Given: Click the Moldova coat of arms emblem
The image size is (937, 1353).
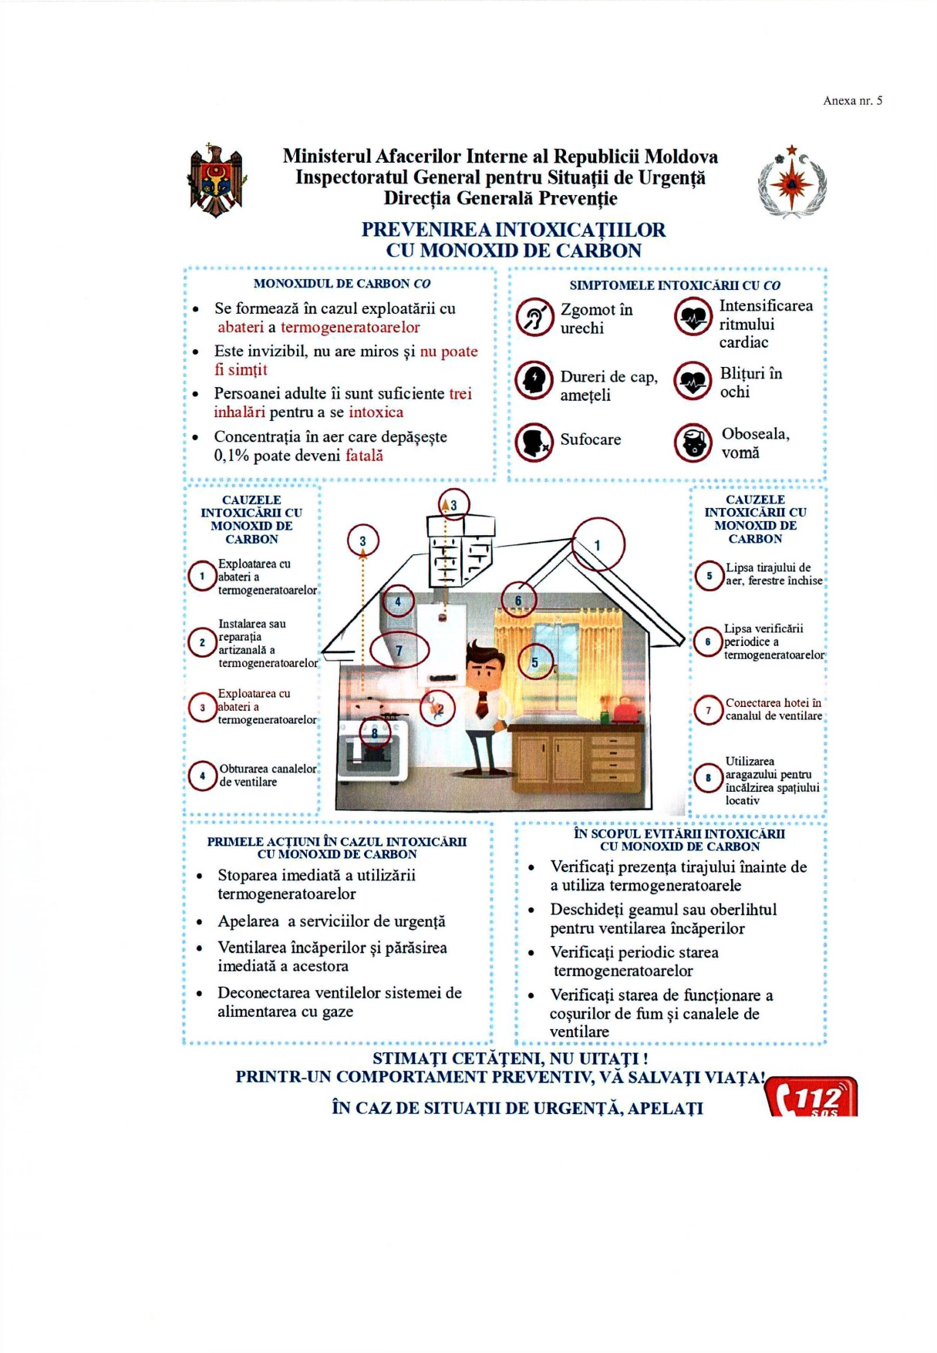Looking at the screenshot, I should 217,180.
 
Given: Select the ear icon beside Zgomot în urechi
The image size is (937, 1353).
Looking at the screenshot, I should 534,318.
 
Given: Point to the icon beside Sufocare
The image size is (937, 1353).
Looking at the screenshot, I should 534,441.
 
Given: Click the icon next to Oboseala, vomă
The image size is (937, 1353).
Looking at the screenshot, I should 693,443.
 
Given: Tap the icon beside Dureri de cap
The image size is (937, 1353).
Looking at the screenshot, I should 534,380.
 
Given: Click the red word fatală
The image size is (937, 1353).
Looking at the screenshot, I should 364,456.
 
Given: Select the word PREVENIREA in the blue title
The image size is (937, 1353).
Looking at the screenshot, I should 426,230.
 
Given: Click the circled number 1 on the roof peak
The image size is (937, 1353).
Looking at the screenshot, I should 598,545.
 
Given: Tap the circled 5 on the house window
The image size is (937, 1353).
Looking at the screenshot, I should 535,661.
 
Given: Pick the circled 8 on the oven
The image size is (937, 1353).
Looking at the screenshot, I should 375,732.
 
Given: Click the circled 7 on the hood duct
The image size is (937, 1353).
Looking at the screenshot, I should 399,650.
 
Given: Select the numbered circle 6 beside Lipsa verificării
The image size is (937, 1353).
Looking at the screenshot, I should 707,641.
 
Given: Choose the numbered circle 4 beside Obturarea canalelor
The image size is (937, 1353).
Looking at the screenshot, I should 202,775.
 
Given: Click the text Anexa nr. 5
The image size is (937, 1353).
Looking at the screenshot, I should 852,100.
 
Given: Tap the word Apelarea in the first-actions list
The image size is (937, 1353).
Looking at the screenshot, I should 248,921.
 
